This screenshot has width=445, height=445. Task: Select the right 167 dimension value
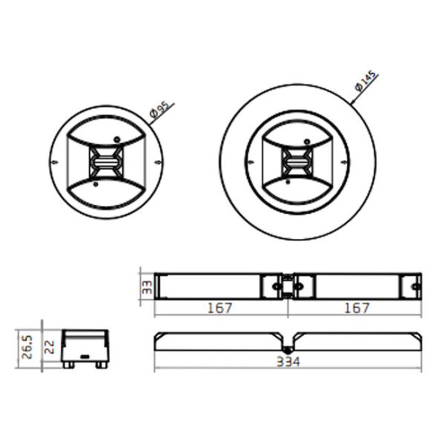356,308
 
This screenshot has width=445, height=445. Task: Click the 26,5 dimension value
27,346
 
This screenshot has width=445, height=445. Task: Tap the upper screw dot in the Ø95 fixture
116,138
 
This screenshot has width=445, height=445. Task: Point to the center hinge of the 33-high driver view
287,286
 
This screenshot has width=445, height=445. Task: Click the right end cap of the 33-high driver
411,286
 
